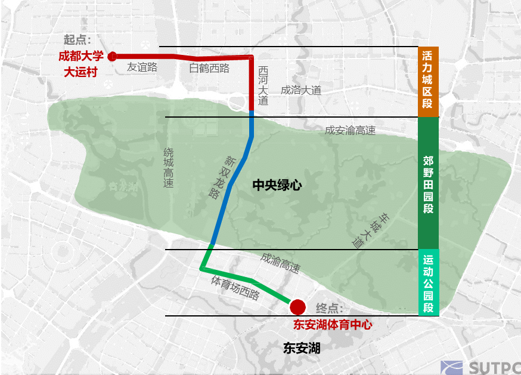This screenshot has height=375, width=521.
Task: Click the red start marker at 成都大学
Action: (111, 56)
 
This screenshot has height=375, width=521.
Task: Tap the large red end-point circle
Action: (297, 308)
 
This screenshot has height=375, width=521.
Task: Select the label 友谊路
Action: (142, 67)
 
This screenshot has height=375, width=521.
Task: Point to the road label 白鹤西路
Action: (209, 68)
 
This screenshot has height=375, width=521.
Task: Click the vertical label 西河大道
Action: (263, 85)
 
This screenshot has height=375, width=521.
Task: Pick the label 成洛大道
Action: (301, 90)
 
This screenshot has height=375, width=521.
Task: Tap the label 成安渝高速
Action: (350, 130)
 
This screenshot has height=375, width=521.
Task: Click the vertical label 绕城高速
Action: (169, 168)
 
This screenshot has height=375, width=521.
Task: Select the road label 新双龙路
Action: (222, 177)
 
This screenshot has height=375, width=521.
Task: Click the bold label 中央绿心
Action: (277, 185)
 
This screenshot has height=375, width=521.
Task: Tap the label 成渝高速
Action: (280, 263)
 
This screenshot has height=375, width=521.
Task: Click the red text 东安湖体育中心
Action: (332, 325)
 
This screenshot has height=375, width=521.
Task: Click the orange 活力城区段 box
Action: (428, 81)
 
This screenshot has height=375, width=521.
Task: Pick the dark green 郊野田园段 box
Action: (428, 183)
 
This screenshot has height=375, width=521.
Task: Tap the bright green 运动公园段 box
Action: (428, 282)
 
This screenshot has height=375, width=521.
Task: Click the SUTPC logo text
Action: (492, 367)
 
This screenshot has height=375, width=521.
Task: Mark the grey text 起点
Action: (77, 40)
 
